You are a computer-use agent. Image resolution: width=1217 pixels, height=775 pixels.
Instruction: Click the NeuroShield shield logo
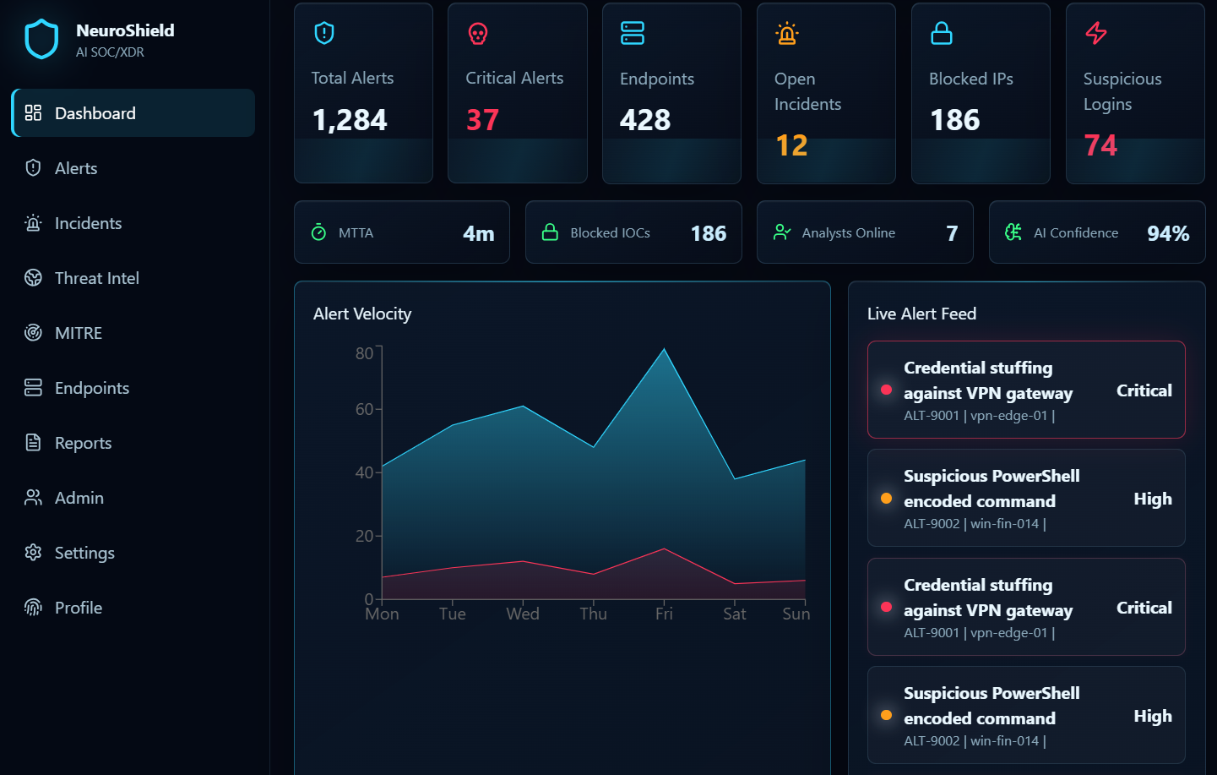pyautogui.click(x=41, y=39)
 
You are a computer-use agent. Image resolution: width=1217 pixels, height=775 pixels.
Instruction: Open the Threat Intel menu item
pyautogui.click(x=97, y=278)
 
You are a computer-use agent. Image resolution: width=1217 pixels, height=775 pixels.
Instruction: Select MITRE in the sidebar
pyautogui.click(x=79, y=333)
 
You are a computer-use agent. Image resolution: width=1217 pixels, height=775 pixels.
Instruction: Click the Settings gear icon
pyautogui.click(x=33, y=553)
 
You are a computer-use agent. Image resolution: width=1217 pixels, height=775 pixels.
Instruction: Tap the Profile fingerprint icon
pyautogui.click(x=33, y=608)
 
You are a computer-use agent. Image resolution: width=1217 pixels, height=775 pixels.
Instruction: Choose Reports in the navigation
pyautogui.click(x=83, y=443)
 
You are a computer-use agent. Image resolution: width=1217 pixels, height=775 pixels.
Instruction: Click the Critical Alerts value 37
pyautogui.click(x=482, y=120)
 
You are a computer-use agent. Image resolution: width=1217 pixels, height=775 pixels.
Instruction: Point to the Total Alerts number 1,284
pyautogui.click(x=350, y=120)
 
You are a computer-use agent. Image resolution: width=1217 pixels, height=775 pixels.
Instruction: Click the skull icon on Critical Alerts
pyautogui.click(x=478, y=34)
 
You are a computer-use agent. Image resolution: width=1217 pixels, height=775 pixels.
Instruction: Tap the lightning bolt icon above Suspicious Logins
pyautogui.click(x=1096, y=33)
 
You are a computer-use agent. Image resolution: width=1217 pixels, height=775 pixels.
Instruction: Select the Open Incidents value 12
pyautogui.click(x=791, y=145)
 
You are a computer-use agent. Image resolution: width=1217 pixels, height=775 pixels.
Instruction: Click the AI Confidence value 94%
pyautogui.click(x=1168, y=233)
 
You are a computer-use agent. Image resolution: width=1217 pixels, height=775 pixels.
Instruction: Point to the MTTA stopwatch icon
pyautogui.click(x=319, y=232)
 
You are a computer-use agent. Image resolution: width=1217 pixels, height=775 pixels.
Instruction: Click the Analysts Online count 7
pyautogui.click(x=952, y=233)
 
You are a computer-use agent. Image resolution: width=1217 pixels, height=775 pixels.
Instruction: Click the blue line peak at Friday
pyautogui.click(x=664, y=348)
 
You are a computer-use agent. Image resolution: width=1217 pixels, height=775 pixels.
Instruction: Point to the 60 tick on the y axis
pyautogui.click(x=364, y=409)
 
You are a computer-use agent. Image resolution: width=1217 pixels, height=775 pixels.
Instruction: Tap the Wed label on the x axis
pyautogui.click(x=523, y=614)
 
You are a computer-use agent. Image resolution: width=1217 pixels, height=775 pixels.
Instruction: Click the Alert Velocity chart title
pyautogui.click(x=362, y=314)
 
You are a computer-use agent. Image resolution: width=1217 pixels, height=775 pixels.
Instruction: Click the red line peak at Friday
pyautogui.click(x=664, y=549)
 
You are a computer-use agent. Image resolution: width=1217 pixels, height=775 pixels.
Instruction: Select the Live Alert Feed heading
pyautogui.click(x=921, y=314)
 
